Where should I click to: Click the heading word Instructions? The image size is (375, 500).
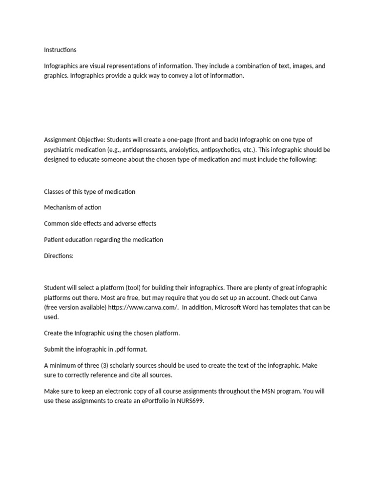pos(60,50)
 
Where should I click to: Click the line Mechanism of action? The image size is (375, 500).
pos(73,208)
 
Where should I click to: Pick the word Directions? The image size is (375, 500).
pos(59,255)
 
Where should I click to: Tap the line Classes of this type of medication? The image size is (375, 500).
pos(89,191)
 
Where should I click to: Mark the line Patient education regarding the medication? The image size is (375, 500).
pos(104,240)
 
